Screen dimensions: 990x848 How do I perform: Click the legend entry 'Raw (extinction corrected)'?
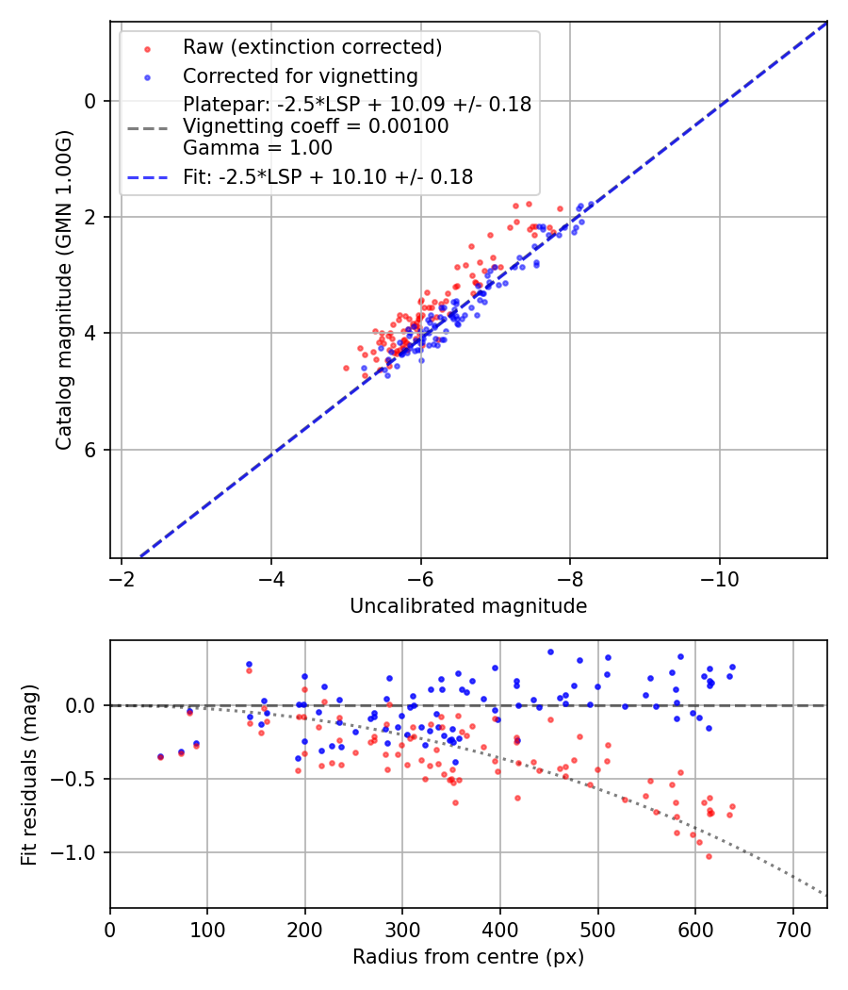pos(312,47)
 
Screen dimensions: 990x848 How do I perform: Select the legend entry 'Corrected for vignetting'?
pos(301,75)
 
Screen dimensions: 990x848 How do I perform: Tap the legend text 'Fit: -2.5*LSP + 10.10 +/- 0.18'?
pos(328,176)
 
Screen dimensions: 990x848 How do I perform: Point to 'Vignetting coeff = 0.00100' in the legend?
pos(316,126)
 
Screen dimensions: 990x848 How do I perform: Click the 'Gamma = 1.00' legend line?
pos(257,147)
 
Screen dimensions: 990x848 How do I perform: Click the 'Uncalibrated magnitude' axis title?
pos(468,606)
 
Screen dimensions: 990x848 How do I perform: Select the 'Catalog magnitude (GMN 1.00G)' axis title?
pos(63,290)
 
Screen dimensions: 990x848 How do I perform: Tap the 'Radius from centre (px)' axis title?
pos(468,957)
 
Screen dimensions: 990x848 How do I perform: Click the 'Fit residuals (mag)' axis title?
pos(28,774)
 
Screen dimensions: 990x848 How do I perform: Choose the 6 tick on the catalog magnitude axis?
pos(90,450)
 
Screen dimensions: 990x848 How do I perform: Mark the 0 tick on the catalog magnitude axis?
pos(90,101)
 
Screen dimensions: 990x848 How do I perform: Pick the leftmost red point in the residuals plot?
pos(160,757)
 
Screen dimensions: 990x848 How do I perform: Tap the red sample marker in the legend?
pos(147,48)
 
